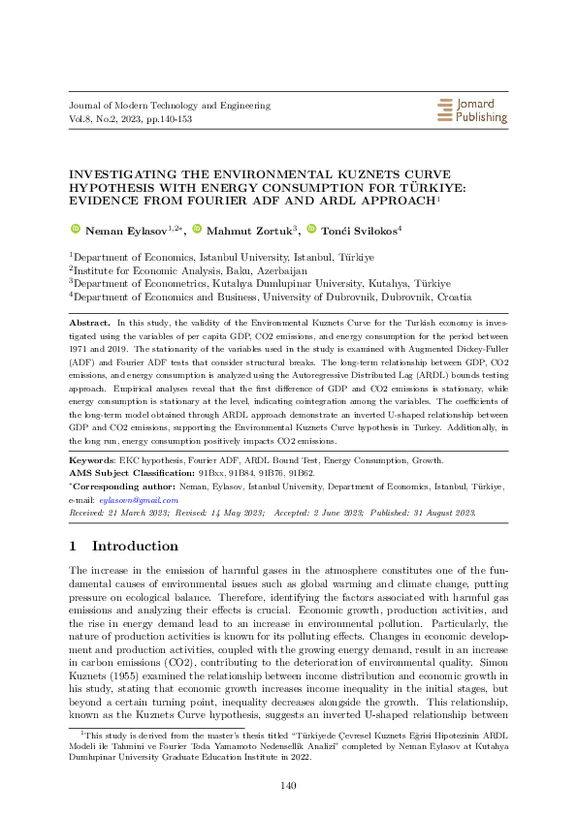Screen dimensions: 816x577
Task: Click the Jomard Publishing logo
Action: [x=472, y=110]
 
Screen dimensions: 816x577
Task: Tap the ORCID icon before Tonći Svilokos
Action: [x=311, y=229]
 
